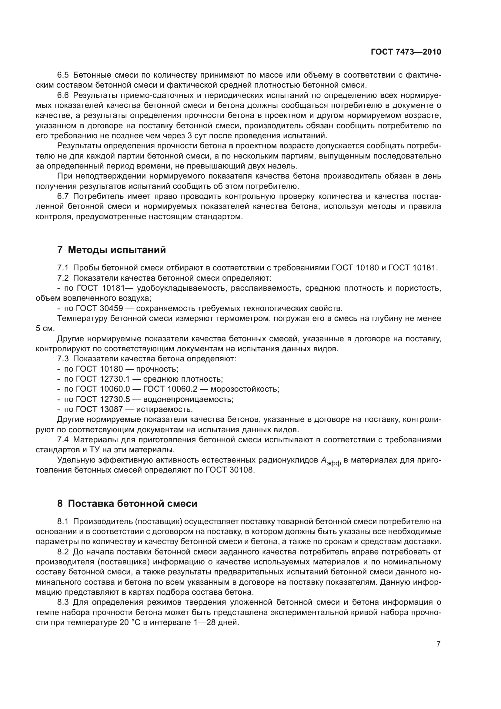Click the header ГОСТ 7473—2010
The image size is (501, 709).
pyautogui.click(x=406, y=52)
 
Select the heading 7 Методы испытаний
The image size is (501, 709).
pyautogui.click(x=112, y=250)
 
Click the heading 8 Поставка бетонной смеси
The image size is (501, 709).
pyautogui.click(x=127, y=504)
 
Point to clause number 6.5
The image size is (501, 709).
pyautogui.click(x=63, y=75)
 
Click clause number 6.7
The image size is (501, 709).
pyautogui.click(x=63, y=196)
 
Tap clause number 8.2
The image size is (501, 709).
pyautogui.click(x=63, y=551)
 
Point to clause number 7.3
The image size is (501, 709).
pyautogui.click(x=63, y=359)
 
